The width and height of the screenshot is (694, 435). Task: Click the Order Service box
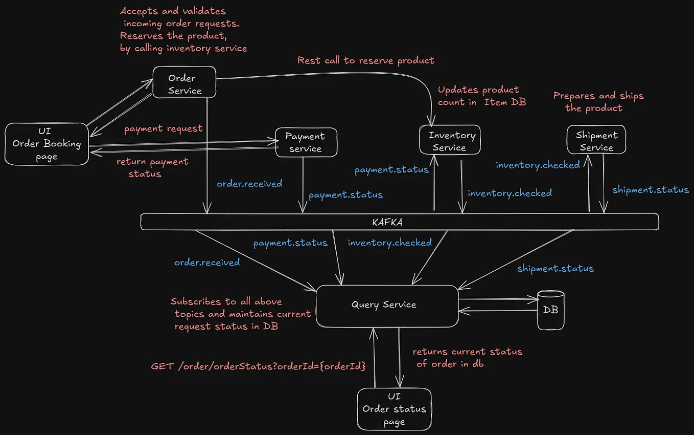(184, 84)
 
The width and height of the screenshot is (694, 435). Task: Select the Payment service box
(306, 142)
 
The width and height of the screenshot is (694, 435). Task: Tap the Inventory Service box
(450, 141)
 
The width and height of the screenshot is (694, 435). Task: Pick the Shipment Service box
(596, 141)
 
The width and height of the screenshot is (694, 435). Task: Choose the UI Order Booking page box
(47, 144)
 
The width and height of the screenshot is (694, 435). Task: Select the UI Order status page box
(394, 409)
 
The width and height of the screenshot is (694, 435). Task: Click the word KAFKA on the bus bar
(387, 223)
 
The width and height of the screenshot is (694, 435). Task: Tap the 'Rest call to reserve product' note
(366, 60)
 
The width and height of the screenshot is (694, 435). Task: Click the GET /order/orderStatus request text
(259, 366)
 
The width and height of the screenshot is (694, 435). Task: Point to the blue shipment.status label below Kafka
(556, 268)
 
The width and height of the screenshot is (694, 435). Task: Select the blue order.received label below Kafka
(207, 262)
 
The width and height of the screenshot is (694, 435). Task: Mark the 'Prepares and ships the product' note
(598, 102)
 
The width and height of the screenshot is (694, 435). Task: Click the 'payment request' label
(164, 128)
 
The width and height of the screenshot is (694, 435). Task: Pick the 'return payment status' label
(152, 167)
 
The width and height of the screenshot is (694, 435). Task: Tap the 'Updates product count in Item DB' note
(481, 96)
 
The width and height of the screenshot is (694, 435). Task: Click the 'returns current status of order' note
(467, 357)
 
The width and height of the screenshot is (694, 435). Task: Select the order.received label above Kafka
(249, 183)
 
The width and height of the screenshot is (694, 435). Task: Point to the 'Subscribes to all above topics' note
(241, 314)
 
